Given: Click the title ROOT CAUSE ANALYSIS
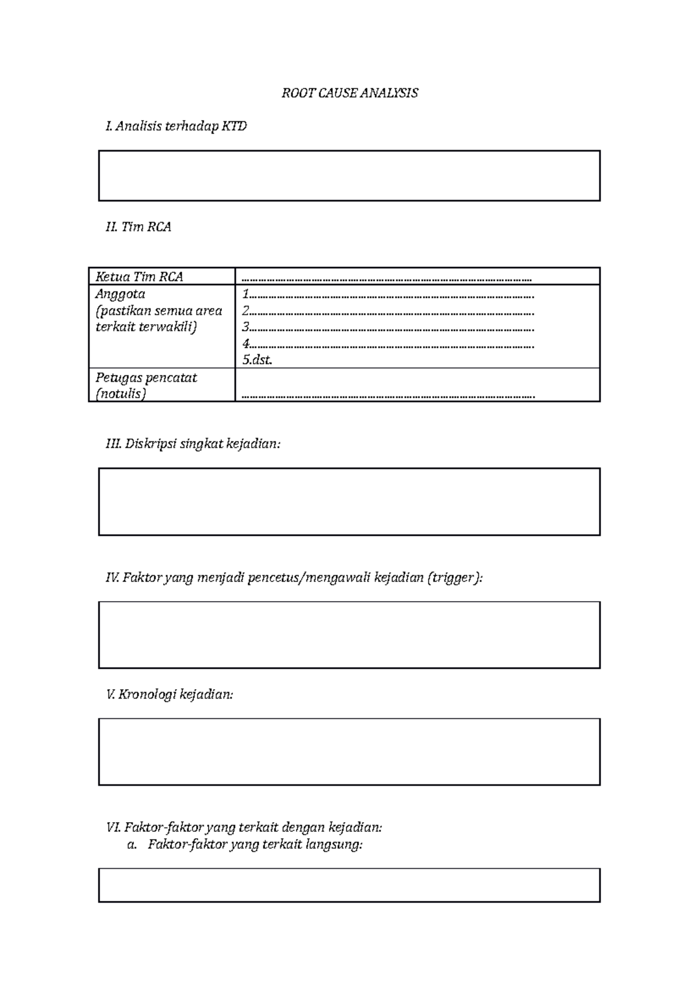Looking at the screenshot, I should (x=349, y=93).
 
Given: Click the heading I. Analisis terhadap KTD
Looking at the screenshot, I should (x=176, y=126).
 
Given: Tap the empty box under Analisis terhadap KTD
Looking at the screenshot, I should (x=349, y=175).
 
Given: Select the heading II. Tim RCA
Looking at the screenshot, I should (x=138, y=227).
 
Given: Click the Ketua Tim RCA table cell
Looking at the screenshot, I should (x=139, y=276).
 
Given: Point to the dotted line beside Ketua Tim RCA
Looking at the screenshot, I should (x=387, y=279).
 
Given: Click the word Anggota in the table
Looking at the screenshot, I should (x=120, y=294).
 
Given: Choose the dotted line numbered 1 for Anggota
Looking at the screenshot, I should (x=388, y=295).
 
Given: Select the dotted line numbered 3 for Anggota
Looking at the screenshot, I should (x=388, y=328).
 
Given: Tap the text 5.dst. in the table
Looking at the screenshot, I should (x=257, y=360).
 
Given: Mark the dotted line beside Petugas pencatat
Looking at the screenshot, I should (x=388, y=396).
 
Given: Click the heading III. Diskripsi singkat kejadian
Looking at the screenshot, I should (x=193, y=444).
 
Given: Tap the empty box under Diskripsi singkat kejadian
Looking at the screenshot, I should (x=349, y=501).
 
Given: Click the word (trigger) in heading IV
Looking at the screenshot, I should (x=454, y=578).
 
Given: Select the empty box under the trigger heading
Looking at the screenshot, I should (x=349, y=635).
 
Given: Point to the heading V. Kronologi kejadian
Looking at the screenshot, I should (x=170, y=694).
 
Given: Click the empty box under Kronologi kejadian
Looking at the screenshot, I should (x=349, y=752).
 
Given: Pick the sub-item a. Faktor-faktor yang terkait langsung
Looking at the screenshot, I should (x=245, y=844).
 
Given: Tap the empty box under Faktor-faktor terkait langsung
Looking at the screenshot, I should (x=349, y=885).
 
